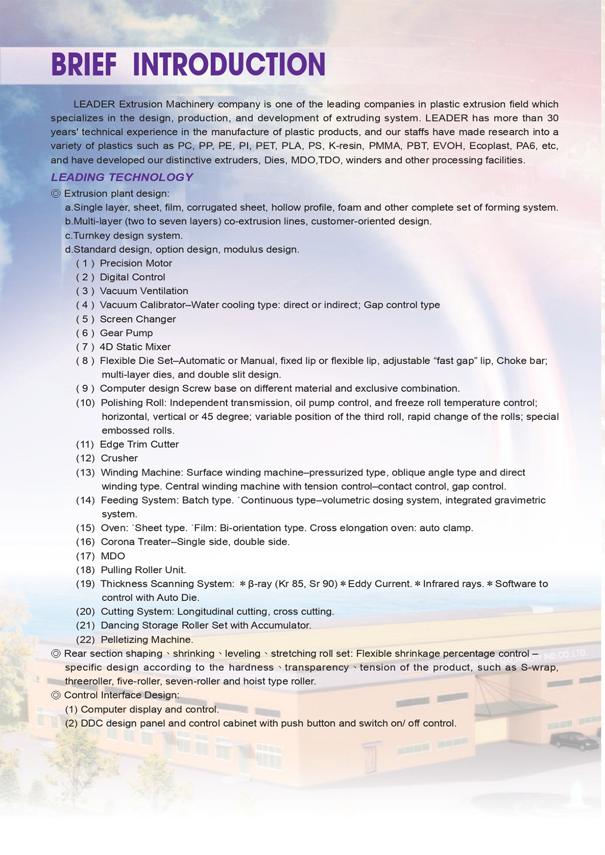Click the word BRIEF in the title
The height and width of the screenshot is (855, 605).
[x=84, y=65]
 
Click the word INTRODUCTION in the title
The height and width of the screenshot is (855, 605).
[x=229, y=65]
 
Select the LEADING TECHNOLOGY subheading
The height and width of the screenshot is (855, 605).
[x=122, y=177]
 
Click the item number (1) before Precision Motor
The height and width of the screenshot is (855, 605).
[x=85, y=263]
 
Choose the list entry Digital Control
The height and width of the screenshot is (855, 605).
[x=132, y=277]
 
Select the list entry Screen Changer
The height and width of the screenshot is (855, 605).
[x=137, y=319]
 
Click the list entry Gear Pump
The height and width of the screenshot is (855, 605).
[x=126, y=333]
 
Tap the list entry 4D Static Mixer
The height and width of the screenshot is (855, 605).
[x=135, y=347]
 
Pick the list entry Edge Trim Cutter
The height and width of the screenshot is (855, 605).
[x=139, y=445]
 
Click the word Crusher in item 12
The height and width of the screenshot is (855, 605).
[x=119, y=458]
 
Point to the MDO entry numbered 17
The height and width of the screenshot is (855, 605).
[x=113, y=556]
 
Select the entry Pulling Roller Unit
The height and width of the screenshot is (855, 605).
[x=143, y=570]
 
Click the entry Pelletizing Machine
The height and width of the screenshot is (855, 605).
[x=147, y=640]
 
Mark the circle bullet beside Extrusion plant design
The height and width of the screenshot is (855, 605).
[x=56, y=194]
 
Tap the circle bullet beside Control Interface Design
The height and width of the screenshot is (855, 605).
[x=56, y=695]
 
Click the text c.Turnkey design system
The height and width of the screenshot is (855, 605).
[x=124, y=235]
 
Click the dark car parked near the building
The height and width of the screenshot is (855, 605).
[x=574, y=741]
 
